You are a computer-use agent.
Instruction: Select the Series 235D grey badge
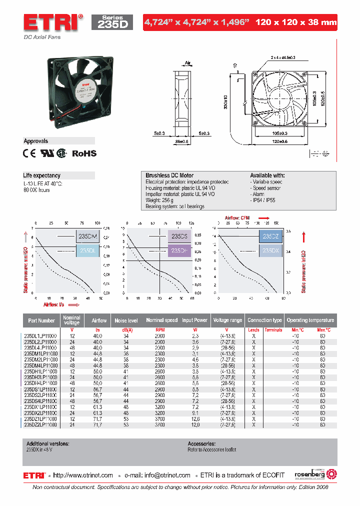tap(112, 22)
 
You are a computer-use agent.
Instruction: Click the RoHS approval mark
tap(84, 153)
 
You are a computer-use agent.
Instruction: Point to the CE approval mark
tap(29, 153)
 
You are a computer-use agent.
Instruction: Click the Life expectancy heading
tap(42, 175)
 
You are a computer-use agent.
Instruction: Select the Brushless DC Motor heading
tap(169, 175)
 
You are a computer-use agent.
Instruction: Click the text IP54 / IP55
tap(264, 200)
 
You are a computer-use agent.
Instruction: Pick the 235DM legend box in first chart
tap(88, 236)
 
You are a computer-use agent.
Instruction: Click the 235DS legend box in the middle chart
tap(179, 236)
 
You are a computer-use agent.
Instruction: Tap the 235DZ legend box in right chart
tap(270, 236)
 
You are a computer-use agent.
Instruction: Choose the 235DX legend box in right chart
tap(270, 251)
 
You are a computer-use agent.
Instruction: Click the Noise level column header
tap(126, 320)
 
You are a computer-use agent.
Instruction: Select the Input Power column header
tap(194, 320)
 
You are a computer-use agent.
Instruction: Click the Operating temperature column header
tap(310, 320)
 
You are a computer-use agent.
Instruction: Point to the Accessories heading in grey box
tap(201, 443)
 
